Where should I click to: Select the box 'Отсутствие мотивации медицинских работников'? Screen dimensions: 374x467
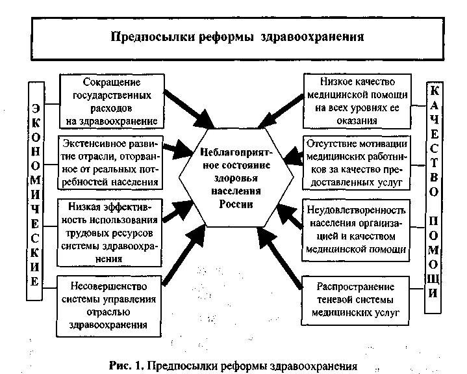pyautogui.click(x=357, y=161)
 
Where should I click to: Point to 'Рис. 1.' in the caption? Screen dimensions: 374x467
pyautogui.click(x=126, y=365)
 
